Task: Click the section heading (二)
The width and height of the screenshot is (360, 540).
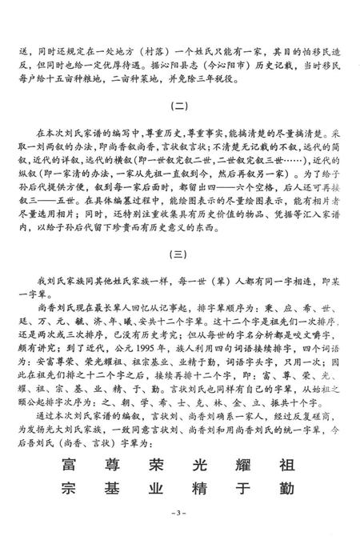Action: coord(179,103)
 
